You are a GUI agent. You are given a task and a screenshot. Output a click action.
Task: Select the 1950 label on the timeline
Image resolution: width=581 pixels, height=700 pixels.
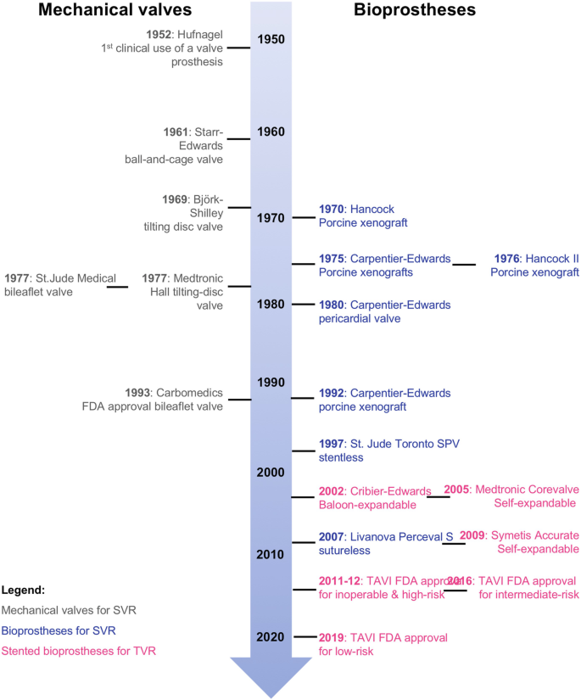(x=271, y=39)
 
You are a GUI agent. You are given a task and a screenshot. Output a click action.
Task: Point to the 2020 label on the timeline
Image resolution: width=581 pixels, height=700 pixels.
(x=271, y=636)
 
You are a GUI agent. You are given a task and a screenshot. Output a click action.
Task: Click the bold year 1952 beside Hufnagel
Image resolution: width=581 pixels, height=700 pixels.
(x=160, y=34)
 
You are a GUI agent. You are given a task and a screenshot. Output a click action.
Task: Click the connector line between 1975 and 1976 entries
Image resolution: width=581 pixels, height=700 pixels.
(x=464, y=265)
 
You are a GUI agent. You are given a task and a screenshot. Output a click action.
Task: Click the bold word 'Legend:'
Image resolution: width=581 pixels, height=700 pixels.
(x=23, y=589)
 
